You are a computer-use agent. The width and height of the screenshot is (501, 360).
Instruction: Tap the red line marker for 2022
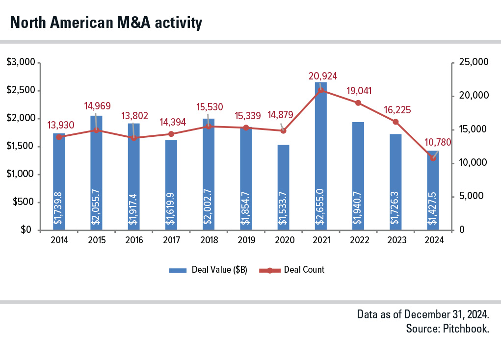click(358, 103)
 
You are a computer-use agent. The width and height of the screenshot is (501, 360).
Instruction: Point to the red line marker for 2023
click(396, 122)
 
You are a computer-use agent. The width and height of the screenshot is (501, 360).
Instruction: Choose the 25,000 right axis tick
click(474, 63)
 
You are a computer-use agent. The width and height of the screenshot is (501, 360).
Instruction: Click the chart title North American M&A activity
click(106, 23)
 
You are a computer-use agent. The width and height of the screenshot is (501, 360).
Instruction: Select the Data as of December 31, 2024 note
click(423, 314)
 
